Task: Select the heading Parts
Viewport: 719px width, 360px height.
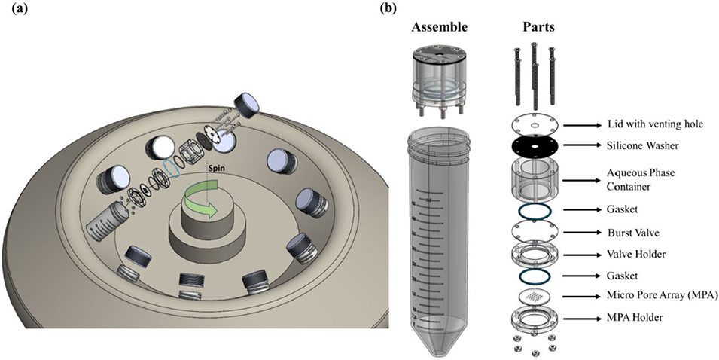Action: coord(540,27)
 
